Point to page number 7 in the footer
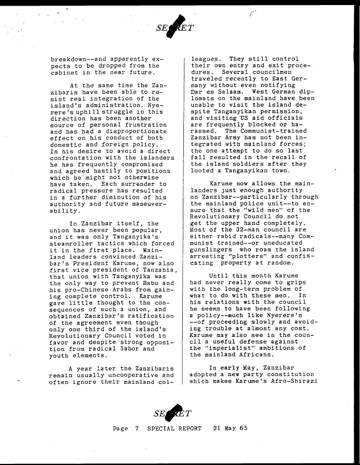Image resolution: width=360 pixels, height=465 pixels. coord(136,428)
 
